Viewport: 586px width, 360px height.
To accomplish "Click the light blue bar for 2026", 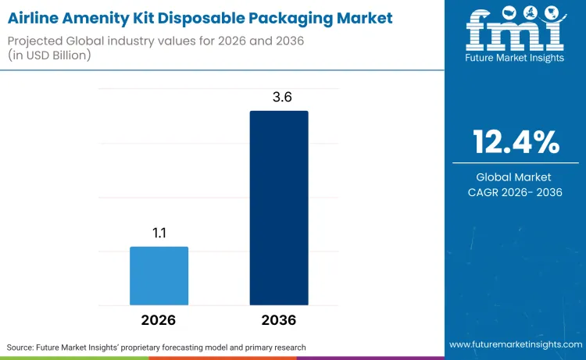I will click(x=159, y=276).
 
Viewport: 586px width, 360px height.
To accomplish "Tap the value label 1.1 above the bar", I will click(x=159, y=233).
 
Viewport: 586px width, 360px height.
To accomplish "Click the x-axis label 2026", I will click(x=159, y=320).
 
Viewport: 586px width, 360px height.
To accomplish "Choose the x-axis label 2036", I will click(x=279, y=320).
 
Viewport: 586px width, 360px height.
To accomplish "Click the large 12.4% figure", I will click(x=516, y=142).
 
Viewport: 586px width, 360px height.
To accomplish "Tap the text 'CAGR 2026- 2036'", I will click(x=516, y=193).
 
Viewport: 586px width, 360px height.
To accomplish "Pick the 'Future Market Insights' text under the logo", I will click(x=516, y=58).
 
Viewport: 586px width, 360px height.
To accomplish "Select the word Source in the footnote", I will click(x=21, y=346).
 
